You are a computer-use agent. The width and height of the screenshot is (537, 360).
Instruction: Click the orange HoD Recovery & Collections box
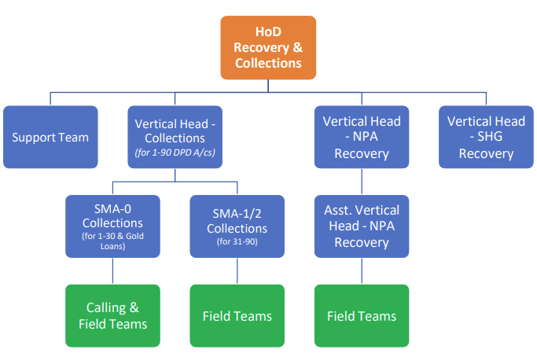[268, 47]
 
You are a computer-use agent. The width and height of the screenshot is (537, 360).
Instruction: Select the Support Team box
[50, 137]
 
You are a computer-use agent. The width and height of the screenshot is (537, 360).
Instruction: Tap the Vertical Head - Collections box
[175, 137]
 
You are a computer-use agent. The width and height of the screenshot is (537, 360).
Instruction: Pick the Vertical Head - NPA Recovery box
[362, 137]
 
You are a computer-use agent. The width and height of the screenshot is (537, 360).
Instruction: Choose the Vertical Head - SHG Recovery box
[486, 137]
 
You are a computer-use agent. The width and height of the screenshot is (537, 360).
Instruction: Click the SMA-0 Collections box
[112, 226]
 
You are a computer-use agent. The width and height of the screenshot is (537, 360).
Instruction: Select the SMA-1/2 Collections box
[237, 226]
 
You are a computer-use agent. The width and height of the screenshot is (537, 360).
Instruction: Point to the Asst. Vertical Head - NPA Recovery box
[362, 226]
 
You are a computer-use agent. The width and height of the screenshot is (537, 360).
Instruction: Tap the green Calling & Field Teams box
[112, 315]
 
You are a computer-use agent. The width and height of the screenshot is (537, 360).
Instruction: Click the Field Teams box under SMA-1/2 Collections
[237, 315]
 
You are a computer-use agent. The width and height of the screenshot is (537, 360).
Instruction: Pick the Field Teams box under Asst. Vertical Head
[362, 315]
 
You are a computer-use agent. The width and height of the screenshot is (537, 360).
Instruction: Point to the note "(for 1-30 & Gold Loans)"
[112, 241]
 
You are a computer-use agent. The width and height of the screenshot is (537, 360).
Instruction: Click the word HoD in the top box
[268, 31]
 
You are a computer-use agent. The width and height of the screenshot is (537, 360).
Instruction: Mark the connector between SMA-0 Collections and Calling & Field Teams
[112, 271]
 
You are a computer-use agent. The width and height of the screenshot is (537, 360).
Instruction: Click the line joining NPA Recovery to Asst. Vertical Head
[362, 182]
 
